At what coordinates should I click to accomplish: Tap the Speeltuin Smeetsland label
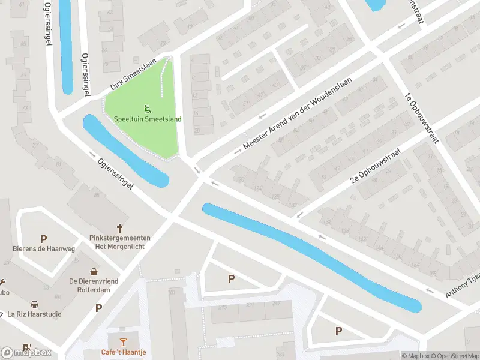148,119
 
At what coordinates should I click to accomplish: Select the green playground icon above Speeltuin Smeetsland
148,109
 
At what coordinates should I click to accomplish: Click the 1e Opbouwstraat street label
422,119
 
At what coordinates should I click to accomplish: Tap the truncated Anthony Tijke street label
462,284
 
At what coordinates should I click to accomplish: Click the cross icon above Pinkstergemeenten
119,228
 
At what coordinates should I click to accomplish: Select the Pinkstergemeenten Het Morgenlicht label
119,242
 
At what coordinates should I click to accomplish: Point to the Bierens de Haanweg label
44,248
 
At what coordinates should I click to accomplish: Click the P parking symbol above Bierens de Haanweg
43,239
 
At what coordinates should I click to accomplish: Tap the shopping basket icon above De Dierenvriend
94,272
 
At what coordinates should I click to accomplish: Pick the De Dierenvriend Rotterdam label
94,286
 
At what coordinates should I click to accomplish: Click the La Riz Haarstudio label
35,314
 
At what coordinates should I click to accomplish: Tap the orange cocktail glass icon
123,342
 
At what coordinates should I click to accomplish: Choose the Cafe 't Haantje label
123,352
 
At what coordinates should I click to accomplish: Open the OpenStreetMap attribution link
454,356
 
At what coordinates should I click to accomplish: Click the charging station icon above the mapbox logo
26,347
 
